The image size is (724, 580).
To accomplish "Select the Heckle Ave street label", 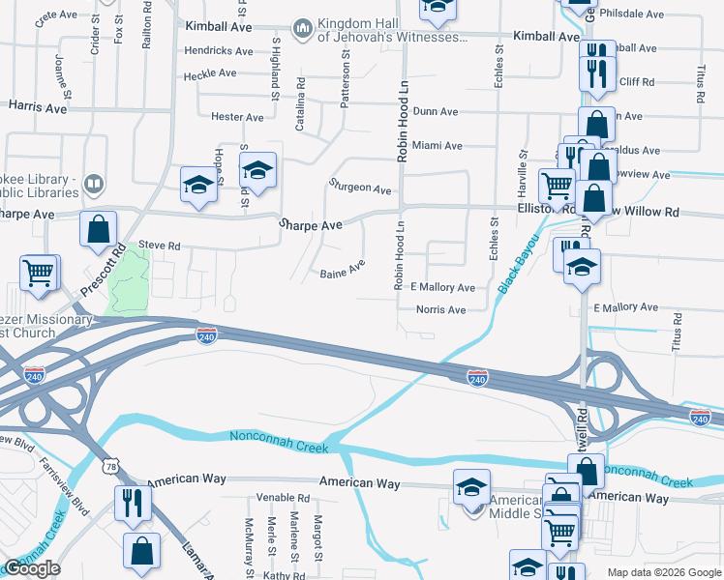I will [211, 73].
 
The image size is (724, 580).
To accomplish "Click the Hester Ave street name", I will [237, 117].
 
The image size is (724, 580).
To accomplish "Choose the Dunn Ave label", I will [435, 112].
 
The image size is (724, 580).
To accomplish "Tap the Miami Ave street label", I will [437, 146].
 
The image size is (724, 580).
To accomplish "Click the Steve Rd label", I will [160, 246].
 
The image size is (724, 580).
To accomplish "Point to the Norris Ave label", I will [440, 310].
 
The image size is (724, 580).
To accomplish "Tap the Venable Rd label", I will [283, 498].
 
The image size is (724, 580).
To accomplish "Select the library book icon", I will [94, 184].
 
